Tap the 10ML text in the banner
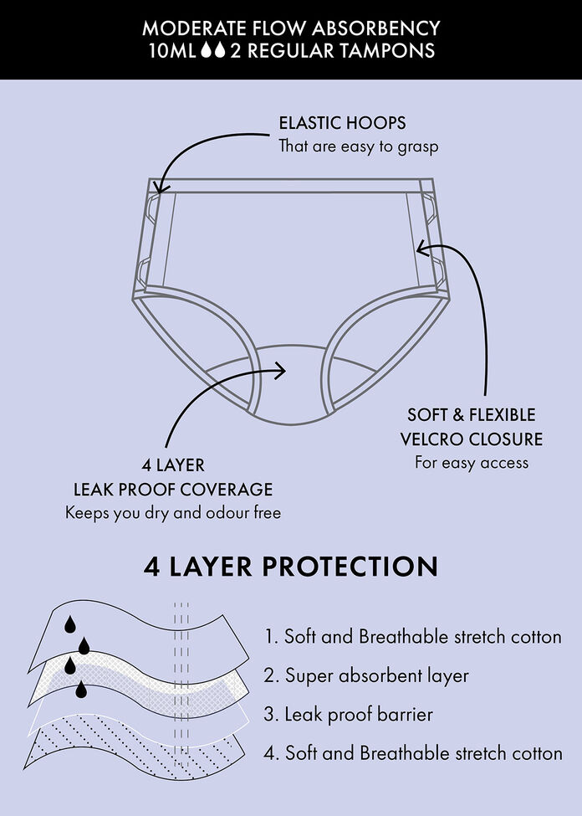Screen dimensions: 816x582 171,50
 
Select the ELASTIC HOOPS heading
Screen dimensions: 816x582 342,123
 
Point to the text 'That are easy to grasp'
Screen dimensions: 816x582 359,146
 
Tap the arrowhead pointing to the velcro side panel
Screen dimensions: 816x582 421,247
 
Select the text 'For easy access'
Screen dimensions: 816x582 472,462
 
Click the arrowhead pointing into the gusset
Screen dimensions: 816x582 283,369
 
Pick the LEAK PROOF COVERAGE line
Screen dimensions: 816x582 173,489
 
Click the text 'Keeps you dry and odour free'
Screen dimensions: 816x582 173,512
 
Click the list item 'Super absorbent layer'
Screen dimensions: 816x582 376,675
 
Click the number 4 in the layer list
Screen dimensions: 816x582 271,753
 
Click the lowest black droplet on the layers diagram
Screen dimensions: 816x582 82,690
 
